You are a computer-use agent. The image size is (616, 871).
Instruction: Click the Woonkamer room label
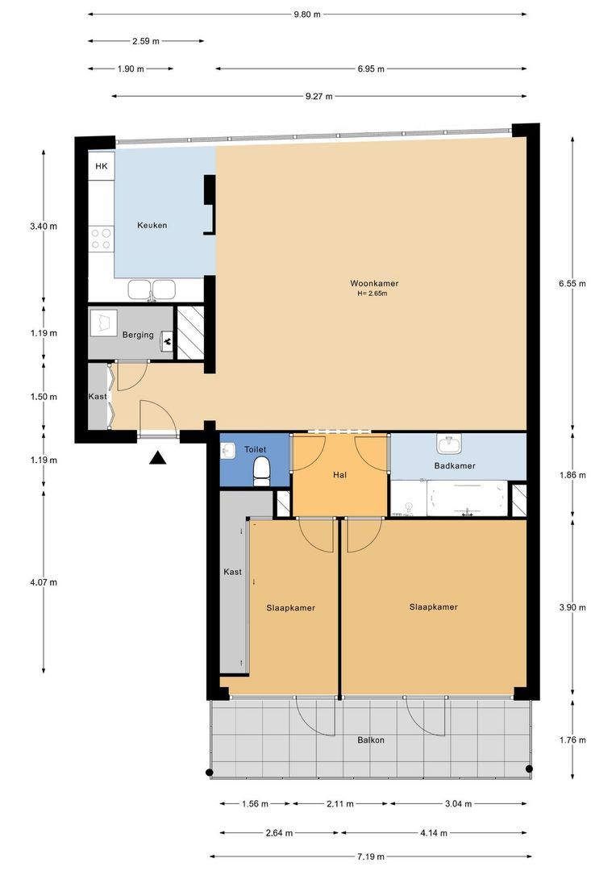[374, 283]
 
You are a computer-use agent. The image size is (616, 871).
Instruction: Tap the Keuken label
[152, 225]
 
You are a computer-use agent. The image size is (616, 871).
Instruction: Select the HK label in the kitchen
[102, 166]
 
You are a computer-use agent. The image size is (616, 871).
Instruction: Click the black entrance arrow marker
[158, 458]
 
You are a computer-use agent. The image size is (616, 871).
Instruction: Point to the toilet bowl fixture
[261, 471]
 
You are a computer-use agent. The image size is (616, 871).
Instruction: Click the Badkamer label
[455, 465]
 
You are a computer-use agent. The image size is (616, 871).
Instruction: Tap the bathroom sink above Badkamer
[450, 444]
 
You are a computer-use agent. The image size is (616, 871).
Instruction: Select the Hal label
[340, 474]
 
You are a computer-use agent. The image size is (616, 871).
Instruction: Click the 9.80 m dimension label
[307, 15]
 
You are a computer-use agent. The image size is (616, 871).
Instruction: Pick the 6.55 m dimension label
[572, 283]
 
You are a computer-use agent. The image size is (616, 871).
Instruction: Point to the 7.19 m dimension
[371, 856]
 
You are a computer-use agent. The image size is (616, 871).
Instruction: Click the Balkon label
[371, 740]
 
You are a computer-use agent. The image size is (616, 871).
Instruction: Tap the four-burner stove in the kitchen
[101, 240]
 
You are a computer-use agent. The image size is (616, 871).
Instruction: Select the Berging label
[138, 335]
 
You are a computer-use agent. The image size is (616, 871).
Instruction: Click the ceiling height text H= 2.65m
[373, 294]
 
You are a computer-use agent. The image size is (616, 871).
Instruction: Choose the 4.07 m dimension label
[44, 582]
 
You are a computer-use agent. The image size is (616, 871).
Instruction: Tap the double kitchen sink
[152, 290]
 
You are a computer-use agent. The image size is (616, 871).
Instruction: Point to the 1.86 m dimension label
[572, 475]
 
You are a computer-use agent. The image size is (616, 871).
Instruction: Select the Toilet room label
[255, 449]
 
